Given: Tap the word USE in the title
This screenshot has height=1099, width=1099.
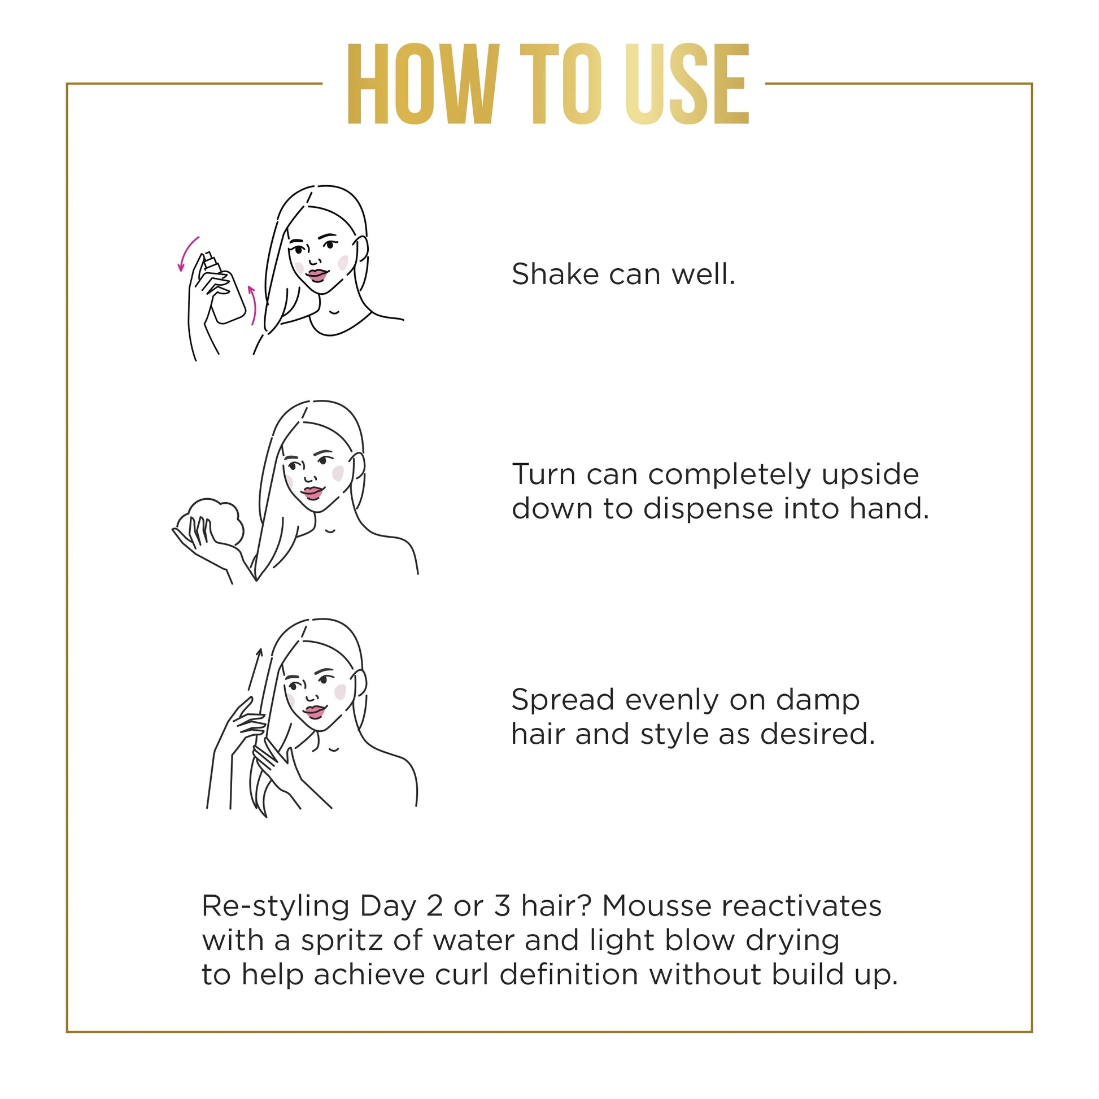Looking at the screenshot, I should point(687,84).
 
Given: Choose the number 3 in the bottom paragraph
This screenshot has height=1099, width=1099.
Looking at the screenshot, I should point(501,906).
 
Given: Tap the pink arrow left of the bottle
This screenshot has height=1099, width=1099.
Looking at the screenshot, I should point(186,254).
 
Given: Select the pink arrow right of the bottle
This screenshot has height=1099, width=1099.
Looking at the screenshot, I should point(252,305).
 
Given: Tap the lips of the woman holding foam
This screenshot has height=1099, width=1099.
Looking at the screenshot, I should point(312,492).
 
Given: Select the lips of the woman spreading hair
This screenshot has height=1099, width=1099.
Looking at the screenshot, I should point(314,712).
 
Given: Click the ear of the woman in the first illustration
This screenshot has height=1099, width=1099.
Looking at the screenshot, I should point(361,250).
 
